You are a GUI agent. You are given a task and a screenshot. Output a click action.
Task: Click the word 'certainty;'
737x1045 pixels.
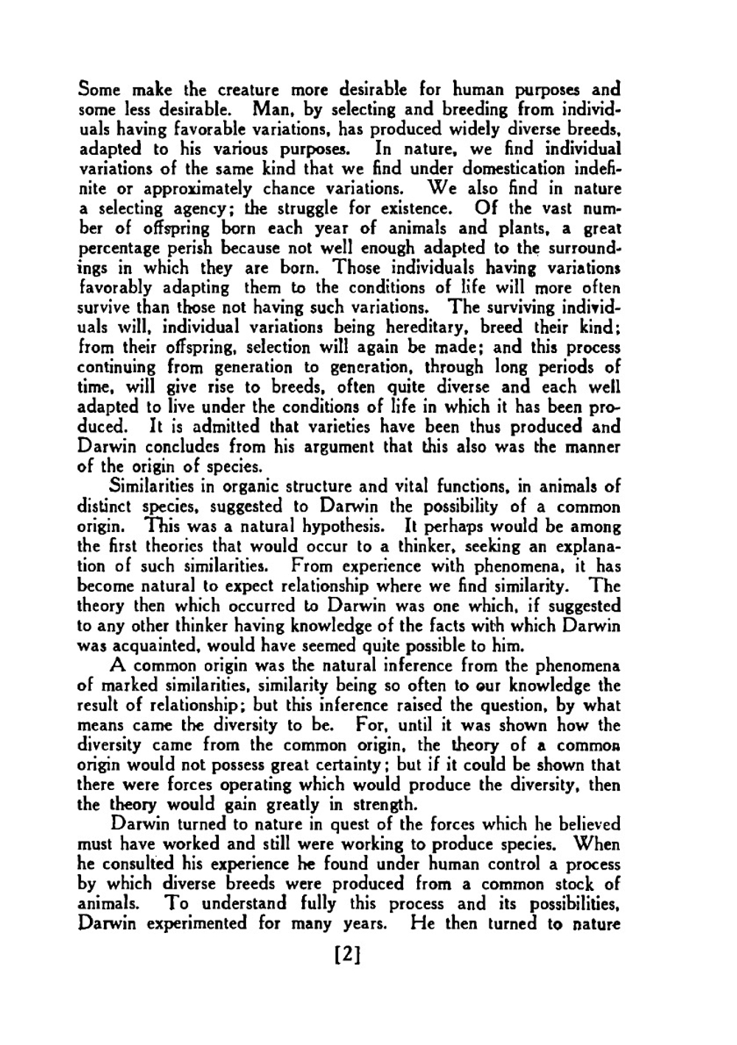(352, 765)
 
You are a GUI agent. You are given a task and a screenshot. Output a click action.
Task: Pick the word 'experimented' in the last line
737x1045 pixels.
(195, 923)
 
